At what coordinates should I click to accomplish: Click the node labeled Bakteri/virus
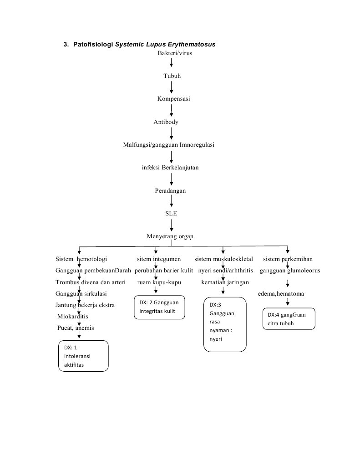(172, 53)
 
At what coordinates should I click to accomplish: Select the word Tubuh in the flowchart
(172, 76)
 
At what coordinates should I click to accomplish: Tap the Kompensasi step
(173, 99)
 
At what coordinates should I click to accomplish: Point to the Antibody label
(166, 122)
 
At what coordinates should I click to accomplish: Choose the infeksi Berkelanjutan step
(170, 168)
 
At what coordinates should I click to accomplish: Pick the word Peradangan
(170, 191)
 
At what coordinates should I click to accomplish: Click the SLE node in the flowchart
(171, 213)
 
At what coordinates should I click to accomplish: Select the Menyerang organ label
(170, 236)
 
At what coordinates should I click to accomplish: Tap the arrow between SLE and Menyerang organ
(172, 225)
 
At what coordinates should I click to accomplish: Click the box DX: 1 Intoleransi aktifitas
(83, 356)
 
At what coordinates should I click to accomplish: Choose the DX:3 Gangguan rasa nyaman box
(224, 325)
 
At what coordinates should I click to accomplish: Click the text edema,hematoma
(281, 294)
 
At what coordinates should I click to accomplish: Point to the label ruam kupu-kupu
(159, 282)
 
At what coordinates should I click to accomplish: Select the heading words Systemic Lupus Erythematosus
(165, 45)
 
